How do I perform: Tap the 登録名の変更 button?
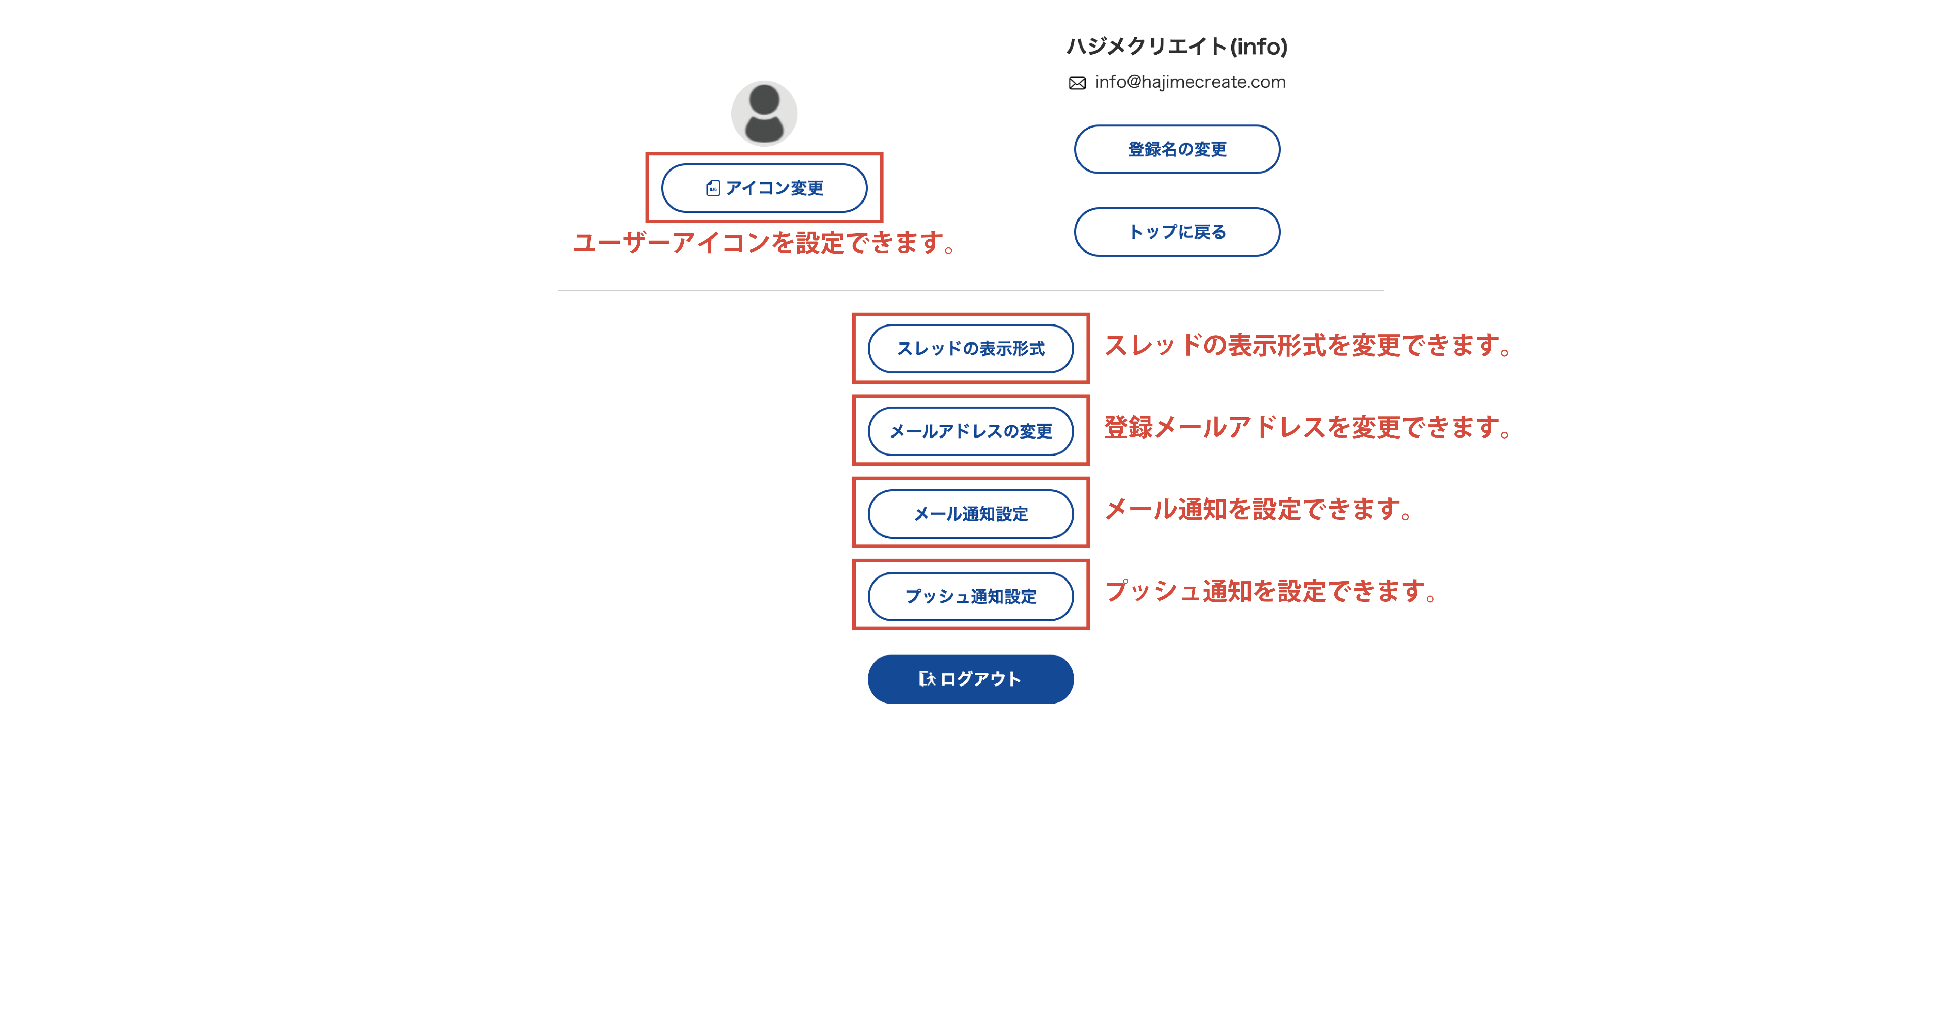point(1177,149)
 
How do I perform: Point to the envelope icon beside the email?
point(1077,83)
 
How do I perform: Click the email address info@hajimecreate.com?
point(1190,82)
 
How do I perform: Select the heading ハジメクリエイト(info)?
point(1177,47)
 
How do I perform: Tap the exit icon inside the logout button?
point(927,679)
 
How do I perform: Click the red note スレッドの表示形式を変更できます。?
point(1308,345)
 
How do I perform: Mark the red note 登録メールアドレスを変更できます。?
point(1308,428)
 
